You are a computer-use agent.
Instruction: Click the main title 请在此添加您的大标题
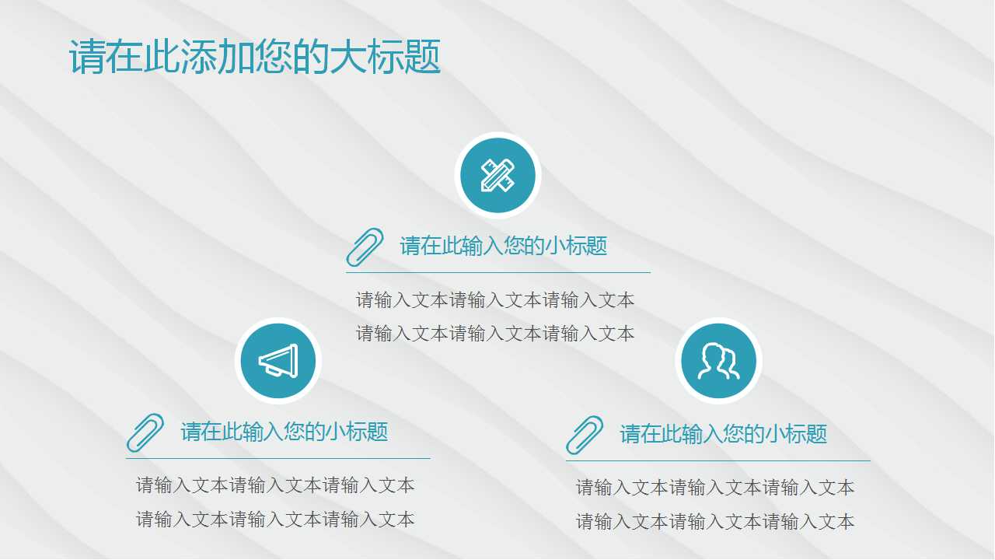tap(255, 58)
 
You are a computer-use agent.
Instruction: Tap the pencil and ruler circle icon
tap(497, 175)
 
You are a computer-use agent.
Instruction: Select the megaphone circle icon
tap(278, 361)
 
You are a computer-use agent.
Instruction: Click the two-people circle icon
tap(718, 361)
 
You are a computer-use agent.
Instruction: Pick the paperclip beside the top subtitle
tap(365, 247)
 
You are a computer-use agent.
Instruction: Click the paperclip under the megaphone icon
tap(145, 432)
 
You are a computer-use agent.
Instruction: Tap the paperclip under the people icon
tap(585, 435)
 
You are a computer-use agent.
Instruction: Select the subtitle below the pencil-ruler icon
tap(503, 247)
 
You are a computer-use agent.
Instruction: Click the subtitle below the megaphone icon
tap(284, 432)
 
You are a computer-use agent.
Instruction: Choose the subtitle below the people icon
tap(723, 434)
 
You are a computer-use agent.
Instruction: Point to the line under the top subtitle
tap(497, 273)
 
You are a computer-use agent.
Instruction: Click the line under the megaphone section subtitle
tap(278, 459)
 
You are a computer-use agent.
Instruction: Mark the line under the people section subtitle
tap(717, 461)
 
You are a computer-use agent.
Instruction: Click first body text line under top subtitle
tap(495, 300)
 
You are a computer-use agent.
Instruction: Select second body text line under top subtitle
tap(495, 334)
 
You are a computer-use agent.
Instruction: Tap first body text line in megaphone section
tap(275, 486)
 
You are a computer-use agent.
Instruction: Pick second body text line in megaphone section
tap(275, 520)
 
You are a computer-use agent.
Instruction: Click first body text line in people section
tap(715, 488)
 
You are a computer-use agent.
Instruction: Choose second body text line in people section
tap(715, 522)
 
